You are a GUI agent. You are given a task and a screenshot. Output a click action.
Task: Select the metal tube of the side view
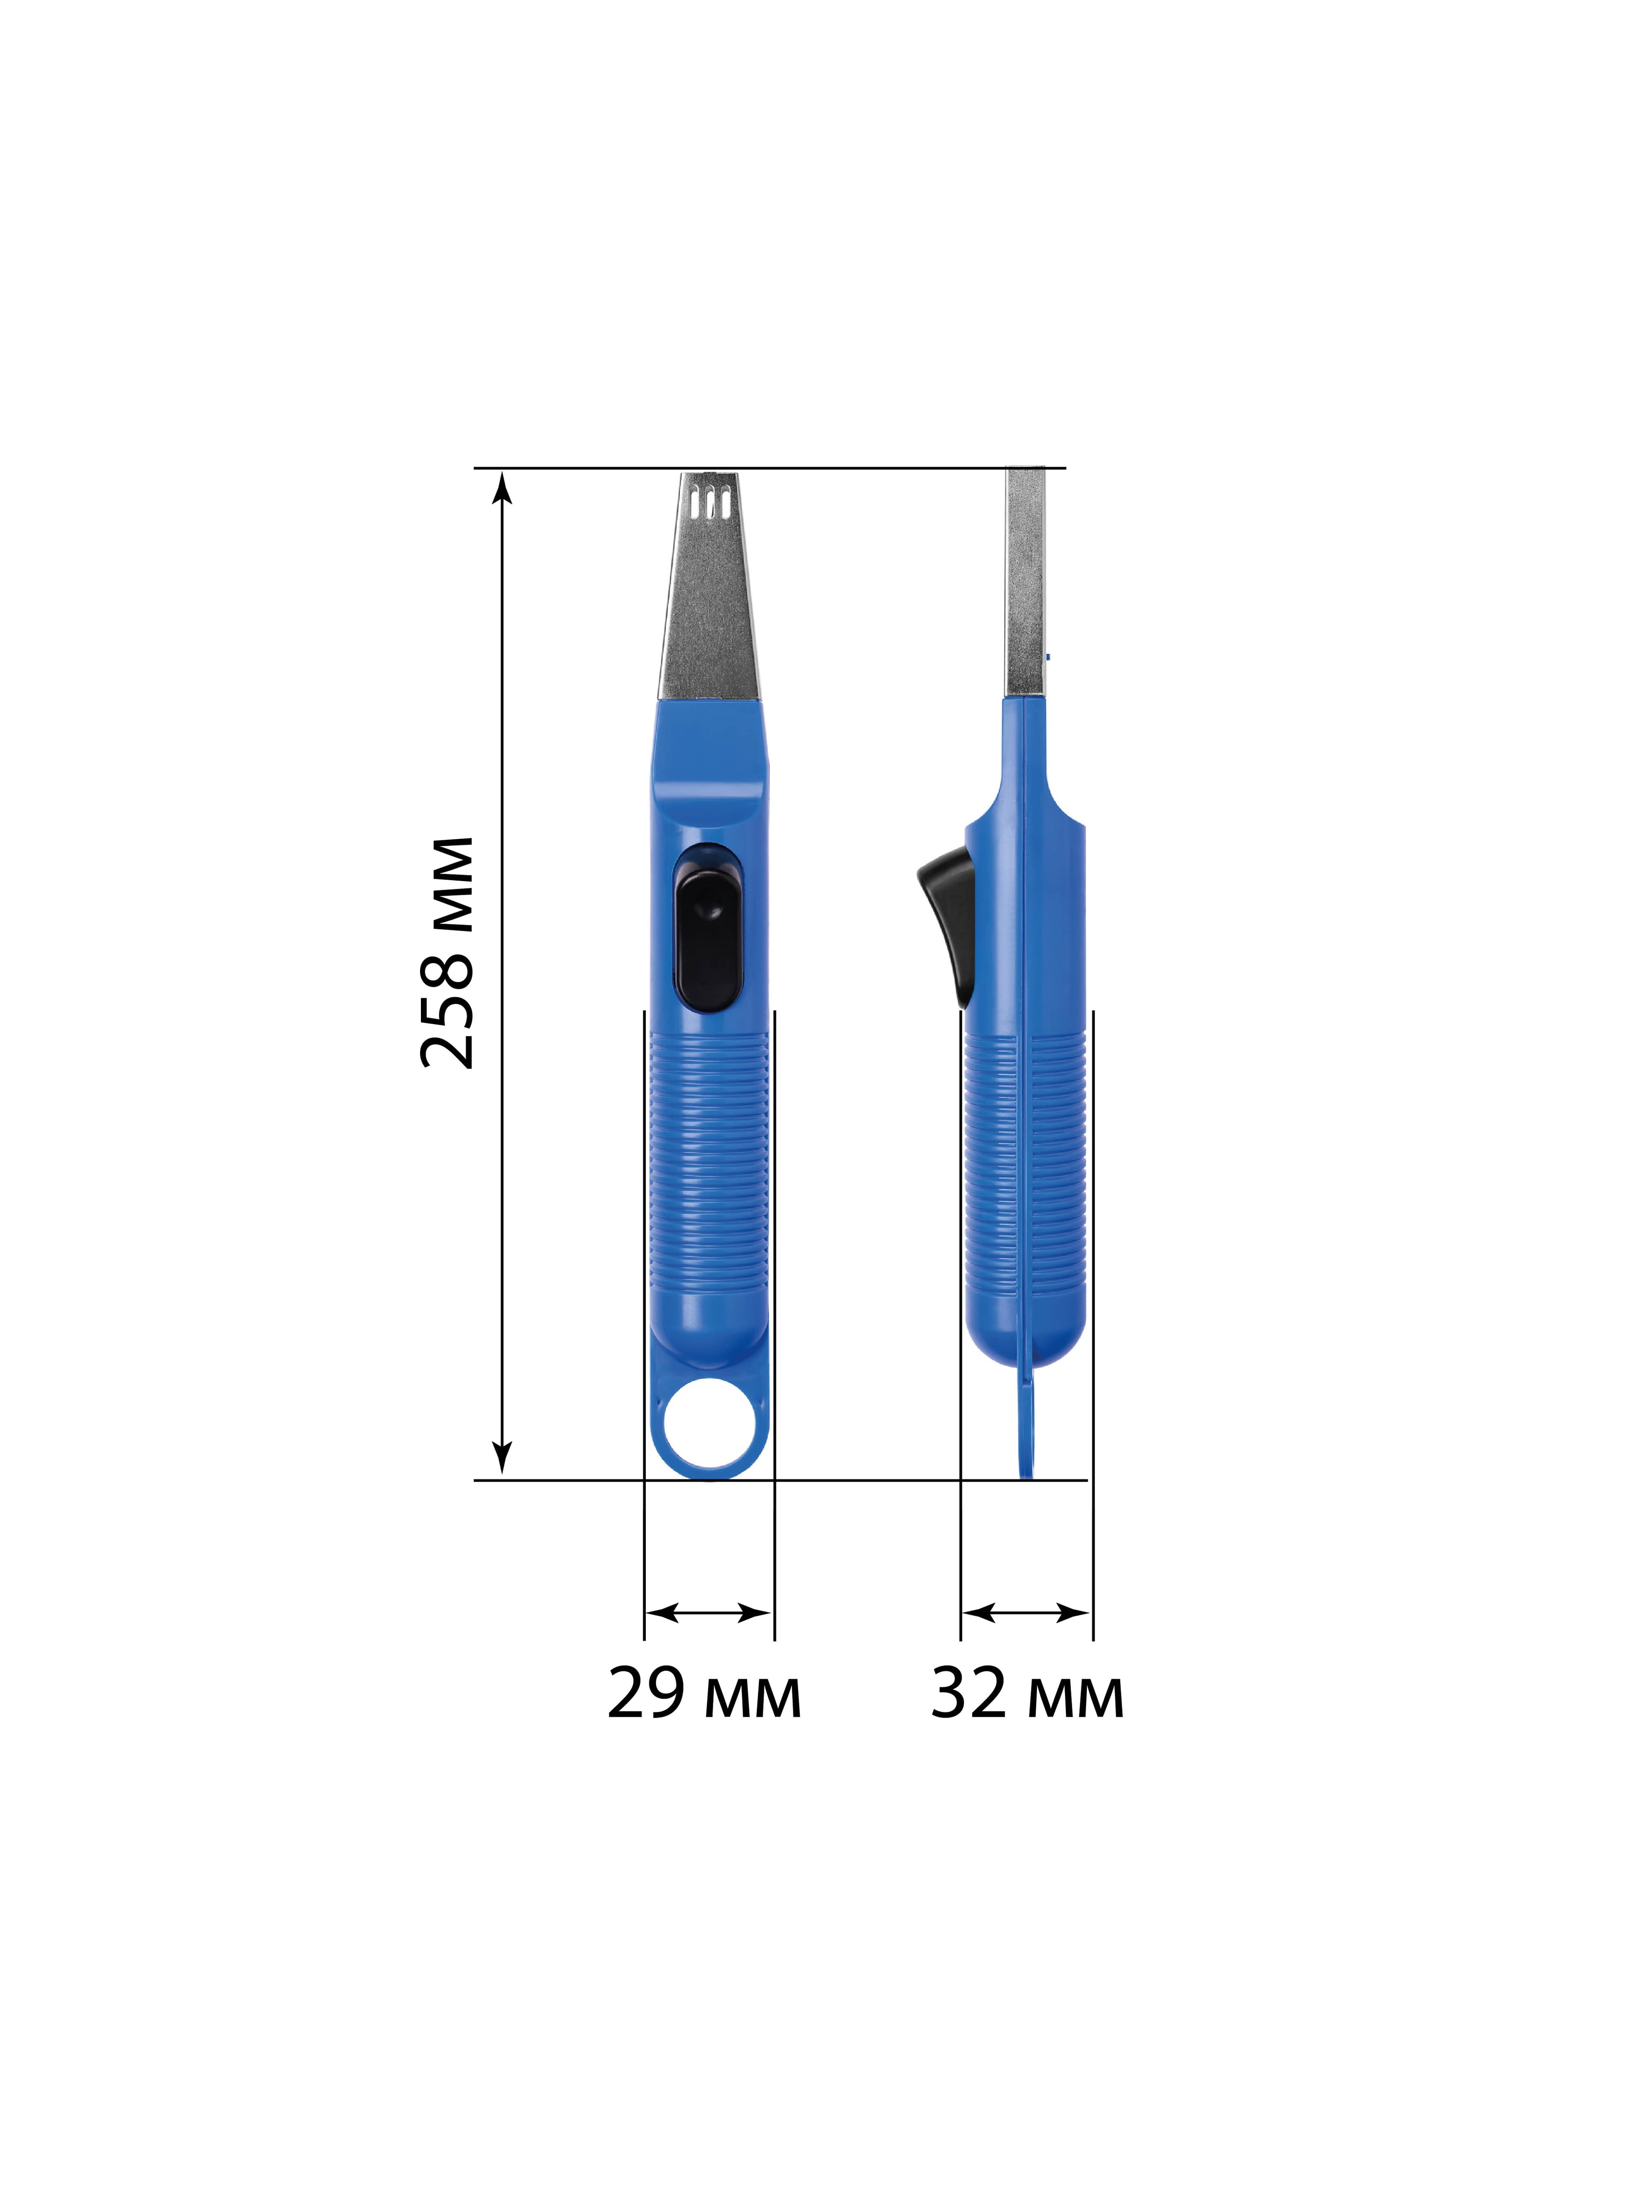point(1025,582)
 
